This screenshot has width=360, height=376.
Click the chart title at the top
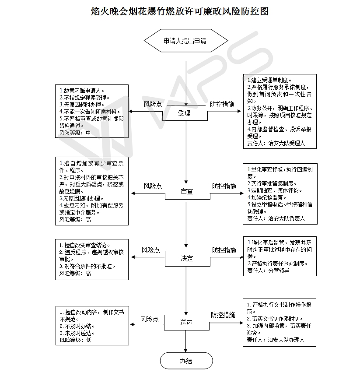click(180, 11)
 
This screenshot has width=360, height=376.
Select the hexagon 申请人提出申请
click(186, 41)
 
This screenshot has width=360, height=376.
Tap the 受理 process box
click(185, 113)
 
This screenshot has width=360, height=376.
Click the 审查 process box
click(187, 192)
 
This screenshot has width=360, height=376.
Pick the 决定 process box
click(187, 259)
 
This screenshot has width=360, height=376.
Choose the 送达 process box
click(186, 323)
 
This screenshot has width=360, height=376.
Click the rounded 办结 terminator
click(186, 361)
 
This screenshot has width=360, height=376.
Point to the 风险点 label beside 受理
click(153, 104)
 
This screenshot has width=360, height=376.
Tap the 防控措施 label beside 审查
click(224, 186)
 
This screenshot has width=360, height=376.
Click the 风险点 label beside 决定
click(150, 250)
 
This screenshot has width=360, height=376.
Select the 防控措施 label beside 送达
click(223, 315)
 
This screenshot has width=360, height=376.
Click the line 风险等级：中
click(75, 133)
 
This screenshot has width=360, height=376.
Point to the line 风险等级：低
click(76, 340)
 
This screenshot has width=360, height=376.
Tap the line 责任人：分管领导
click(268, 271)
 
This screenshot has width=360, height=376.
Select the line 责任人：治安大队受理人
click(276, 144)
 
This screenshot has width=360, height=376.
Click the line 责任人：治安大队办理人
click(276, 340)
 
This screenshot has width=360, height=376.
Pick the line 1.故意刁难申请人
click(82, 91)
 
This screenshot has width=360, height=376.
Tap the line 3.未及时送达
click(77, 333)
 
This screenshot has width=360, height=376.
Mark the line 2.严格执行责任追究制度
click(277, 264)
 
